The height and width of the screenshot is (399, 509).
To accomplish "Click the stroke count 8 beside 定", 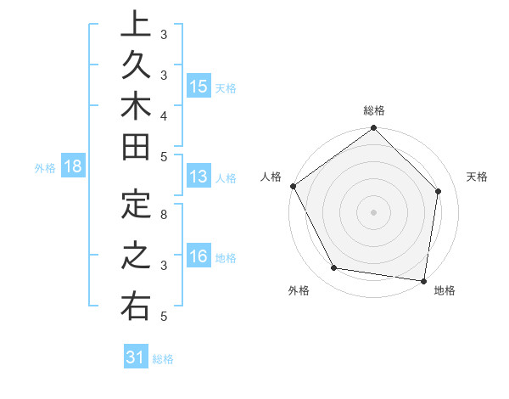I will point(164,215).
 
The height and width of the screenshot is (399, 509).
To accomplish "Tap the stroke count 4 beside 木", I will point(164,115).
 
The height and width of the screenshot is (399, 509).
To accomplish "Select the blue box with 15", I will point(199,87).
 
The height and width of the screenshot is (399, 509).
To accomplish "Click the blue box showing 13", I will point(199,177).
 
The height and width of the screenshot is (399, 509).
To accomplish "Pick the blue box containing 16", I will point(199,257).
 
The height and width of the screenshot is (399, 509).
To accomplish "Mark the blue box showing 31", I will point(135,357).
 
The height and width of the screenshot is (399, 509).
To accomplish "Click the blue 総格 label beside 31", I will point(163,359).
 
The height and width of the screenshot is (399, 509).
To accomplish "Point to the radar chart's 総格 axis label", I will point(374,111).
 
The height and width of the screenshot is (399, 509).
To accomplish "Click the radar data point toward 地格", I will point(424,280).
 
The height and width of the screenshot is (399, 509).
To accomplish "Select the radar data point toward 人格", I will point(294,186).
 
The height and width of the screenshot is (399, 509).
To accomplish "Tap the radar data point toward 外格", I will point(333,268).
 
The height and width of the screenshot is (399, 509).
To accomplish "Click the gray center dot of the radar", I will point(374,211).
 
